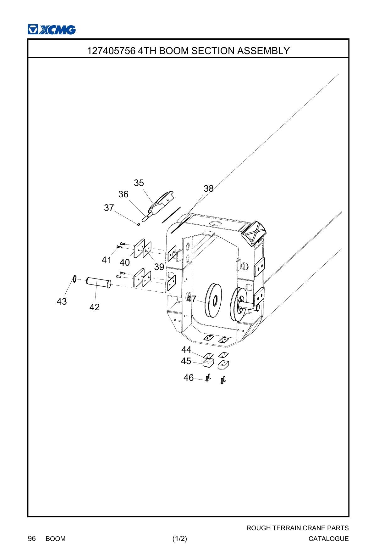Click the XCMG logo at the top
[52, 30]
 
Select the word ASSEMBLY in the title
[263, 51]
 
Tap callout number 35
[139, 183]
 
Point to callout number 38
[208, 189]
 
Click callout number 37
[109, 208]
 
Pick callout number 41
[107, 260]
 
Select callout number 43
[62, 301]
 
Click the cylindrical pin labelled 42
[99, 281]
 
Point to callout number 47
[192, 299]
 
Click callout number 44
[186, 350]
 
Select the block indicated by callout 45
[208, 363]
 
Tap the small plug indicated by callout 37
[138, 224]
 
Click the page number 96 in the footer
[32, 538]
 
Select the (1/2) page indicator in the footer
[180, 538]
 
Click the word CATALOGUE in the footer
[328, 539]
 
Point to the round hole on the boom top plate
[216, 223]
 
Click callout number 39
[159, 267]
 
